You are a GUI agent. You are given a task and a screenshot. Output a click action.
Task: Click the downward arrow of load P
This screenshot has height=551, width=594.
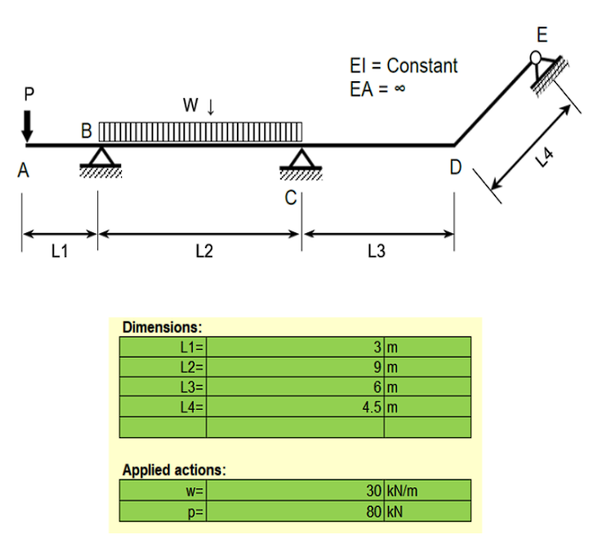(x=28, y=125)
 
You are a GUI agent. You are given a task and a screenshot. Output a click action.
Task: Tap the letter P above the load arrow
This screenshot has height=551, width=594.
(x=28, y=93)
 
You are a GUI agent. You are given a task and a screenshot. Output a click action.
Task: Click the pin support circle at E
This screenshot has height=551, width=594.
(x=537, y=59)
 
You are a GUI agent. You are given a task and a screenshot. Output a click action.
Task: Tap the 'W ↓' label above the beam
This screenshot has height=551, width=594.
(x=199, y=106)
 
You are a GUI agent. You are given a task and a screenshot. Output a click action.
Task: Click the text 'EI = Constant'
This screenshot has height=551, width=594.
(x=404, y=65)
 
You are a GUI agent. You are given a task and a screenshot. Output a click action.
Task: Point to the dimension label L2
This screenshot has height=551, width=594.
(x=202, y=253)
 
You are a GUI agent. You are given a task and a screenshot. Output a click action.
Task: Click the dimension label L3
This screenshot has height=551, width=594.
(x=376, y=253)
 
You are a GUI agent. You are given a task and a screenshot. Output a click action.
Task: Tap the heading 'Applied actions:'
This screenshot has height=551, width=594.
(x=173, y=469)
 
